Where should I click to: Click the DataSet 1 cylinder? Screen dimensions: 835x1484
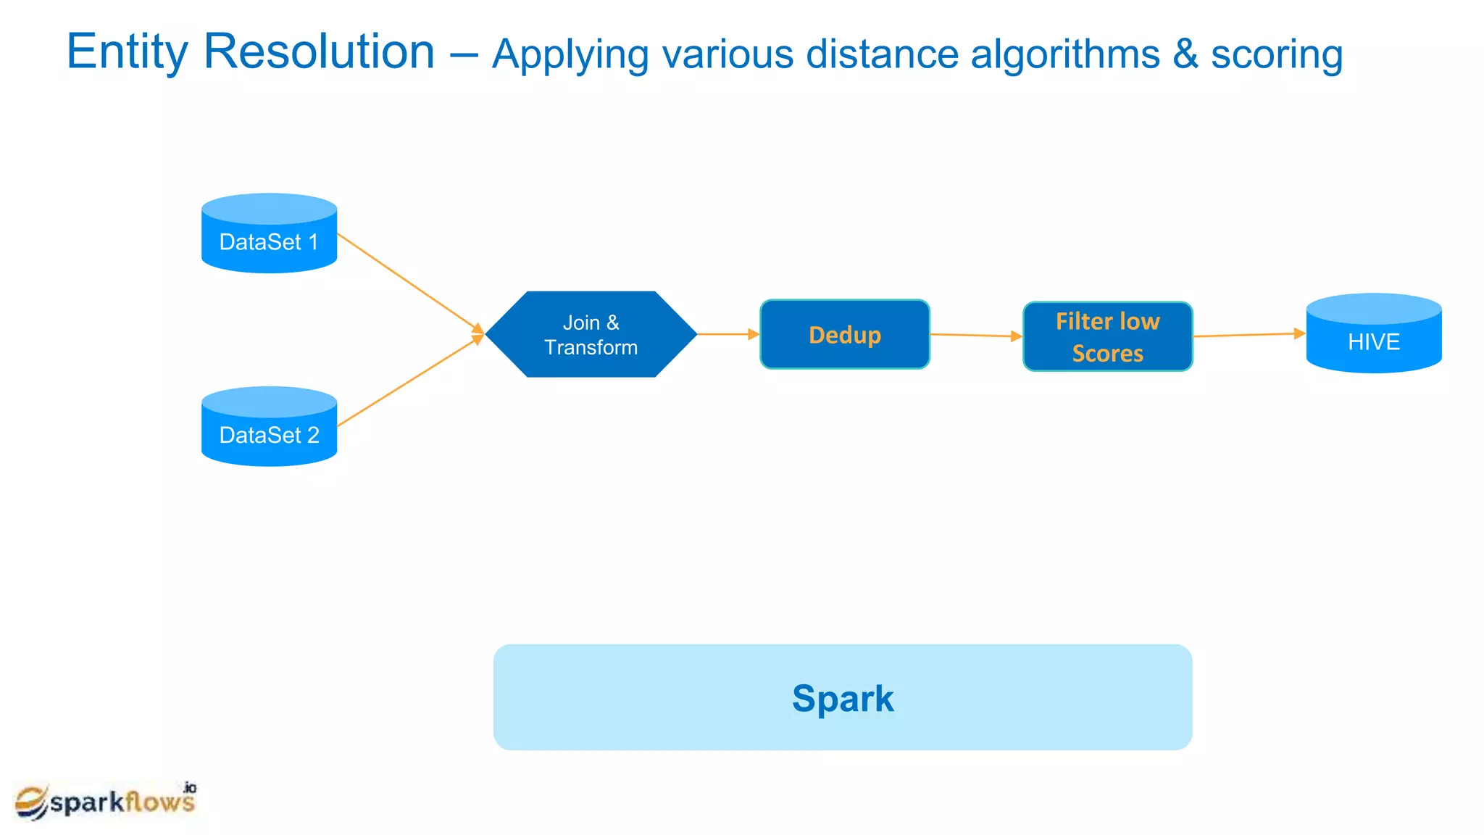click(x=269, y=234)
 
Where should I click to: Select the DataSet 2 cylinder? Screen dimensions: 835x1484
click(x=269, y=428)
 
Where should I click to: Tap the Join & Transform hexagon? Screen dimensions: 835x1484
click(x=591, y=334)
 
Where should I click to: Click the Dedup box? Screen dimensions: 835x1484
click(x=844, y=334)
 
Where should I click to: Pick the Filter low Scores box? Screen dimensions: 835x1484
click(x=1107, y=337)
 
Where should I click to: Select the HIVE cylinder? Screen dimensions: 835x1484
click(x=1373, y=334)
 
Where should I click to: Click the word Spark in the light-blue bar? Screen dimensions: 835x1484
click(x=842, y=699)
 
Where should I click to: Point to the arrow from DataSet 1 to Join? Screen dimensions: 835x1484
click(x=409, y=283)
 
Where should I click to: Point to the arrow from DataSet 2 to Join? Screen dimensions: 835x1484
click(x=409, y=381)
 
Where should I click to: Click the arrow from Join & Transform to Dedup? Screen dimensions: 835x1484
click(x=728, y=334)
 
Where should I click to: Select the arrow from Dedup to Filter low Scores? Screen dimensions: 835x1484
click(x=975, y=335)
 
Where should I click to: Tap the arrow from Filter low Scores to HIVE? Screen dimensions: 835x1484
click(x=1248, y=335)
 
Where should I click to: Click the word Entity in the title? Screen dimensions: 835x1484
click(x=128, y=52)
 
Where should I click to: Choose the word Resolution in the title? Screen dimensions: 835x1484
click(x=319, y=52)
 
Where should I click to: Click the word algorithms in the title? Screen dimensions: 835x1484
click(x=1064, y=55)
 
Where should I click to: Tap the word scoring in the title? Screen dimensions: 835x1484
click(x=1277, y=55)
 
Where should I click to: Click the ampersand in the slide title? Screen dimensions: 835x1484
click(x=1185, y=55)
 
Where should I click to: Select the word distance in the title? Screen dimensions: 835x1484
click(x=882, y=55)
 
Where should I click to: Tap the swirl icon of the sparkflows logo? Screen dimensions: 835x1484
click(x=31, y=802)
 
